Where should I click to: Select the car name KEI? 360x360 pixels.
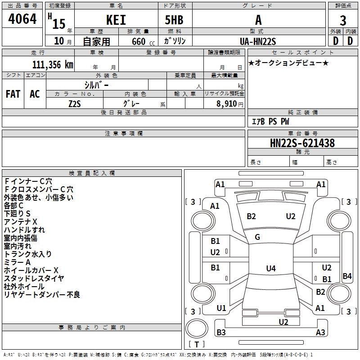point(116,20)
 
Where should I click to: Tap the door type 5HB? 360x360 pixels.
point(174,20)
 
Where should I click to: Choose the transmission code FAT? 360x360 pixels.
point(13,94)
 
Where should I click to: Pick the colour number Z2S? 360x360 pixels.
point(74,103)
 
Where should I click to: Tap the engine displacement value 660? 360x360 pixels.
point(138,42)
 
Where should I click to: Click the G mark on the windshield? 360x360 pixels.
point(257,237)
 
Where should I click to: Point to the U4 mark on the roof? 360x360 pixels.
point(270,269)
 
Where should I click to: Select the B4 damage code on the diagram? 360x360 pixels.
point(347,276)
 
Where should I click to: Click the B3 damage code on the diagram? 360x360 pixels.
point(221,333)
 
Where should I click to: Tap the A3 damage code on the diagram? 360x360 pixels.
point(320,333)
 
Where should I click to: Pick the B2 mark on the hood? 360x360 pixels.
point(251,216)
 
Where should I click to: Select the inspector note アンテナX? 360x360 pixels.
point(21,222)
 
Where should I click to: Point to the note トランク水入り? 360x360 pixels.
point(28,254)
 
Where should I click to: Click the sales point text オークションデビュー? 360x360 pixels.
point(288,63)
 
